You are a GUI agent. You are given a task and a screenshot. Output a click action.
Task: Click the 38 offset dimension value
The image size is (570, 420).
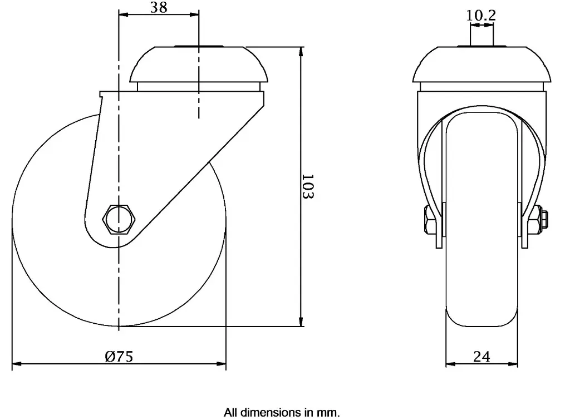(x=159, y=7)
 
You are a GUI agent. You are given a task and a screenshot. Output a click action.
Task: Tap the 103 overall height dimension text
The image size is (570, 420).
(x=308, y=187)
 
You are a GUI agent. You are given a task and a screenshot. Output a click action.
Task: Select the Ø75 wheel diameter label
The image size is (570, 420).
(x=119, y=357)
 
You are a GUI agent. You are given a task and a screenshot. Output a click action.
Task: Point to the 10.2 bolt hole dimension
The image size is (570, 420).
(x=481, y=16)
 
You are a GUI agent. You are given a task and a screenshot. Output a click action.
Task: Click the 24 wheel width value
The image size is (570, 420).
(x=481, y=357)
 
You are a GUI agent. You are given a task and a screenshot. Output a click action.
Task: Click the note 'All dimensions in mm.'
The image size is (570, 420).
(x=281, y=413)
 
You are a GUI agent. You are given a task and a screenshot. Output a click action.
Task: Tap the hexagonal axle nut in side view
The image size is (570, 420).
(x=118, y=219)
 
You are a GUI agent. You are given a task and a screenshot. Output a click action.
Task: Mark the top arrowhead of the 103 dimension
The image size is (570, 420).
(x=301, y=52)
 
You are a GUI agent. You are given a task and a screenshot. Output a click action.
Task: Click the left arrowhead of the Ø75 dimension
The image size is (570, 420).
(x=16, y=365)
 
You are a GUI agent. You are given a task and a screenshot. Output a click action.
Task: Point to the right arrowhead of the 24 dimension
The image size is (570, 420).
(x=515, y=365)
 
